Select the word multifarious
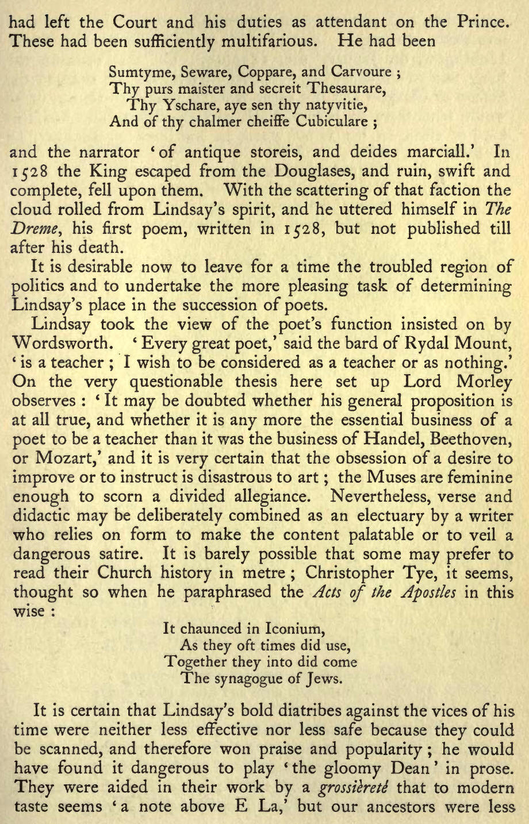click(253, 42)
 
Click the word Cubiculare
click(332, 122)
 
